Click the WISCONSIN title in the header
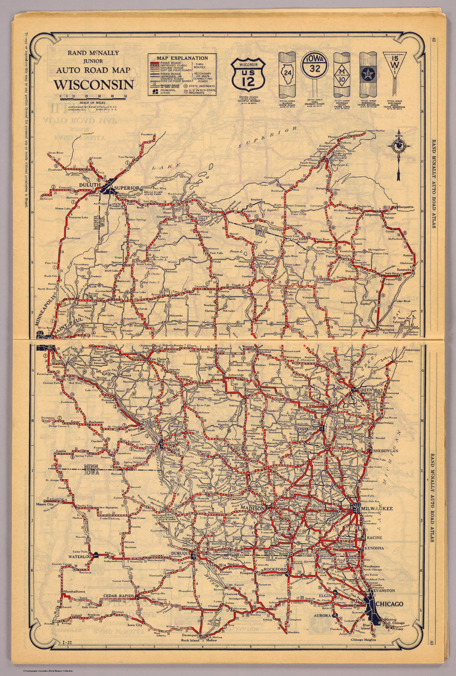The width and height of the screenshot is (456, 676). [x=94, y=84]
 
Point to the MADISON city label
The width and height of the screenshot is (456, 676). [x=253, y=508]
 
